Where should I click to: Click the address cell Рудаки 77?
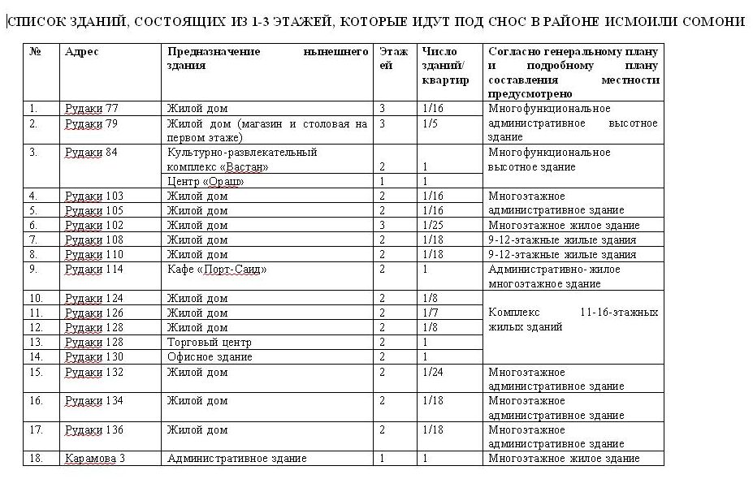[91, 109]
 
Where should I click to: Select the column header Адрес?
[81, 52]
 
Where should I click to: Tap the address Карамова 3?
[94, 459]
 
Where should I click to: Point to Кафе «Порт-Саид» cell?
[217, 270]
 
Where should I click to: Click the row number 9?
[33, 270]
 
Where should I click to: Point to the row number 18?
[35, 459]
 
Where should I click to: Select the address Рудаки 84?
[91, 153]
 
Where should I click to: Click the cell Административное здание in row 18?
[237, 459]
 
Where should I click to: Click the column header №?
[35, 52]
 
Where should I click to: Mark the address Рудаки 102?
[93, 226]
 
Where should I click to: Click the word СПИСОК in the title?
[33, 20]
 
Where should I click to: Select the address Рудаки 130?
[93, 357]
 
